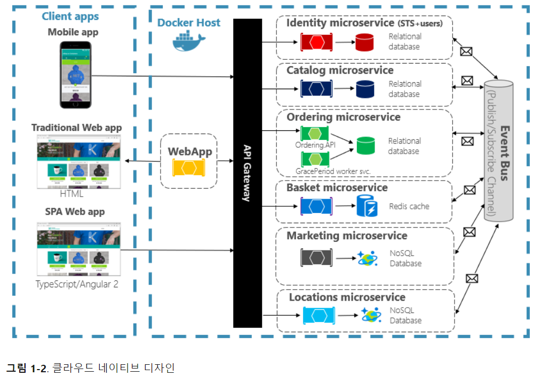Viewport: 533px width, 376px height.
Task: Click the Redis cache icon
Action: (x=367, y=206)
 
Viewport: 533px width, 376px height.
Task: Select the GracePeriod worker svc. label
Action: (x=333, y=171)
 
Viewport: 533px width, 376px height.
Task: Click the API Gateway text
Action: (x=247, y=173)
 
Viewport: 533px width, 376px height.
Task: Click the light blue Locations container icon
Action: (x=319, y=315)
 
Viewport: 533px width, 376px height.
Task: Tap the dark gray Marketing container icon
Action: (x=316, y=258)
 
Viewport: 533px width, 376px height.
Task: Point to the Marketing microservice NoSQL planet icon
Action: (x=368, y=258)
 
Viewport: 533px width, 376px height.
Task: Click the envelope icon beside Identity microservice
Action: (x=466, y=52)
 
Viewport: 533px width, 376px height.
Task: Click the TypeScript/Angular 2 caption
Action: (x=77, y=284)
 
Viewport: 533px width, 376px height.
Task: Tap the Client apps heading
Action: (x=70, y=16)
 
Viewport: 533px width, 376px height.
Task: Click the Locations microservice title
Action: (x=347, y=297)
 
